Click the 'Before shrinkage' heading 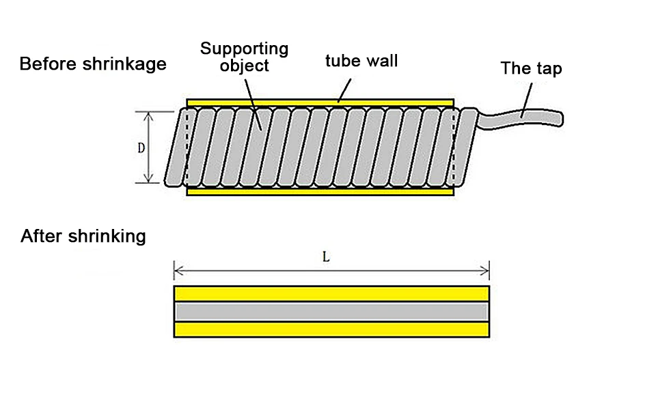coord(93,64)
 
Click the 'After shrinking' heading coord(83,236)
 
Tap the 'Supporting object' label coord(245,57)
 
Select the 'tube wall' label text coord(361,61)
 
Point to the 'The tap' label coord(532,68)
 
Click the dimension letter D coord(141,148)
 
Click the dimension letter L coord(327,256)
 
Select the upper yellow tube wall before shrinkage coord(320,103)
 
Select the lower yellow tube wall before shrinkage coord(320,191)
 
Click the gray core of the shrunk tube coord(331,312)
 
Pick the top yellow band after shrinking coord(331,293)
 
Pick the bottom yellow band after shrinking coord(331,330)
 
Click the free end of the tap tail coord(561,119)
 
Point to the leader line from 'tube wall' coord(344,90)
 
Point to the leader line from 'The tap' coord(527,100)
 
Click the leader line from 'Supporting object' coord(253,105)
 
